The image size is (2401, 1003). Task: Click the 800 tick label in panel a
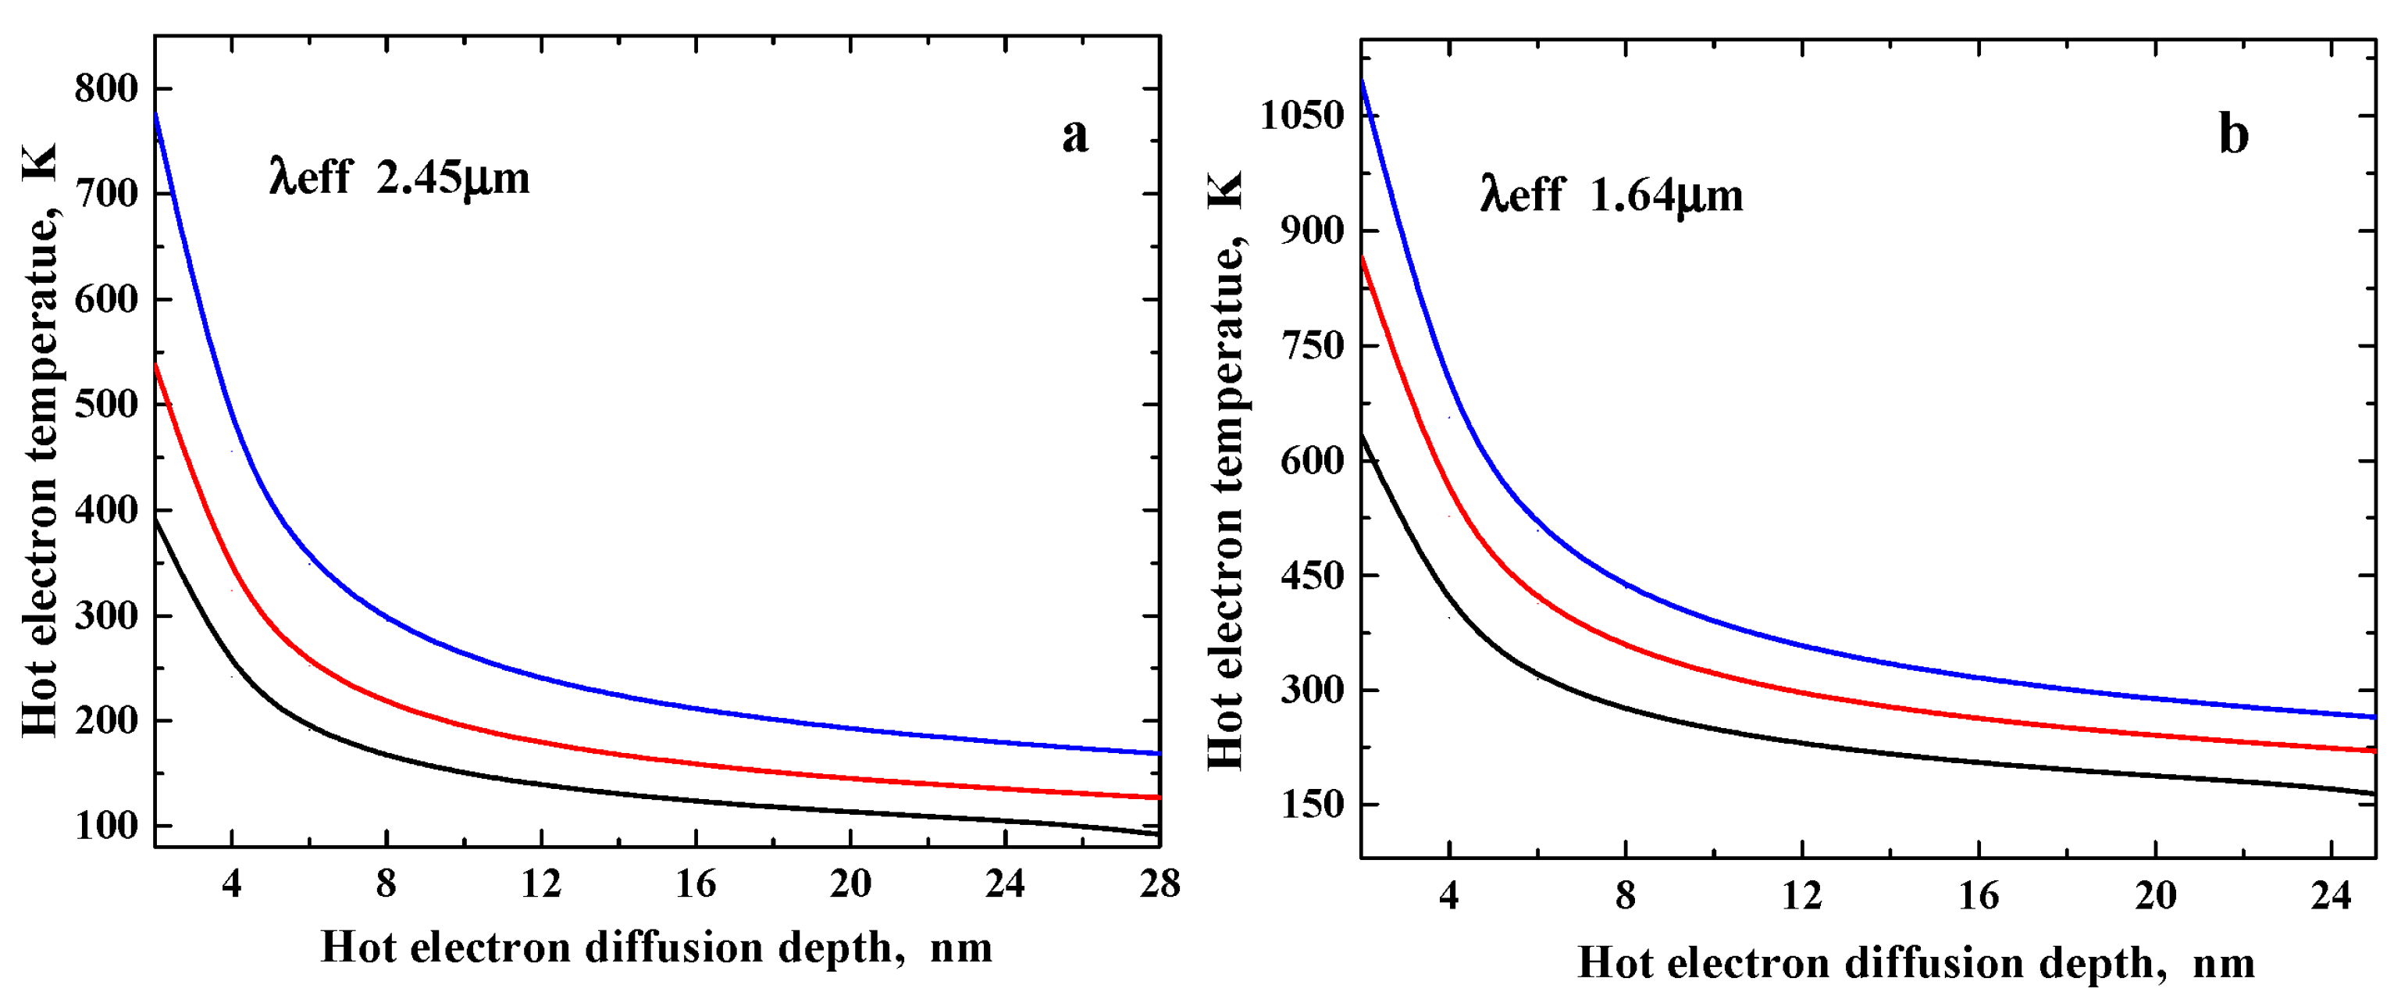105,90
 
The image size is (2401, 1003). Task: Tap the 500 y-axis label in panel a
105,405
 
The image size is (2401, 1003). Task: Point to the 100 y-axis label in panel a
105,826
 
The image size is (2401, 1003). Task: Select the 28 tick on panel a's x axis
1159,883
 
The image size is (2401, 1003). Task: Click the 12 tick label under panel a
540,883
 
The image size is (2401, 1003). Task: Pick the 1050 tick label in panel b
1302,116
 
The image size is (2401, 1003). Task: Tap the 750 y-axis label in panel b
1313,346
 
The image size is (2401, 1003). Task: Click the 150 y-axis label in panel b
1313,805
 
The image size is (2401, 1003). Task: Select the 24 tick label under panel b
2331,896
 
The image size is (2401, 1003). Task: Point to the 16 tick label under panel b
1978,896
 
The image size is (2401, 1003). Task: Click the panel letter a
1074,136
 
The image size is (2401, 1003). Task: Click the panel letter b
2234,135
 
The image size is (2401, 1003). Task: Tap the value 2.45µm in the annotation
453,178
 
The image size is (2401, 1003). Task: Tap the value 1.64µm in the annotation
1665,197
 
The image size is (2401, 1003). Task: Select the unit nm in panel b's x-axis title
2223,963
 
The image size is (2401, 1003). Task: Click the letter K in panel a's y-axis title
41,162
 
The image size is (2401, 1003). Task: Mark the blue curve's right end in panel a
1158,752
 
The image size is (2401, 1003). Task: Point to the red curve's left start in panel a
157,366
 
